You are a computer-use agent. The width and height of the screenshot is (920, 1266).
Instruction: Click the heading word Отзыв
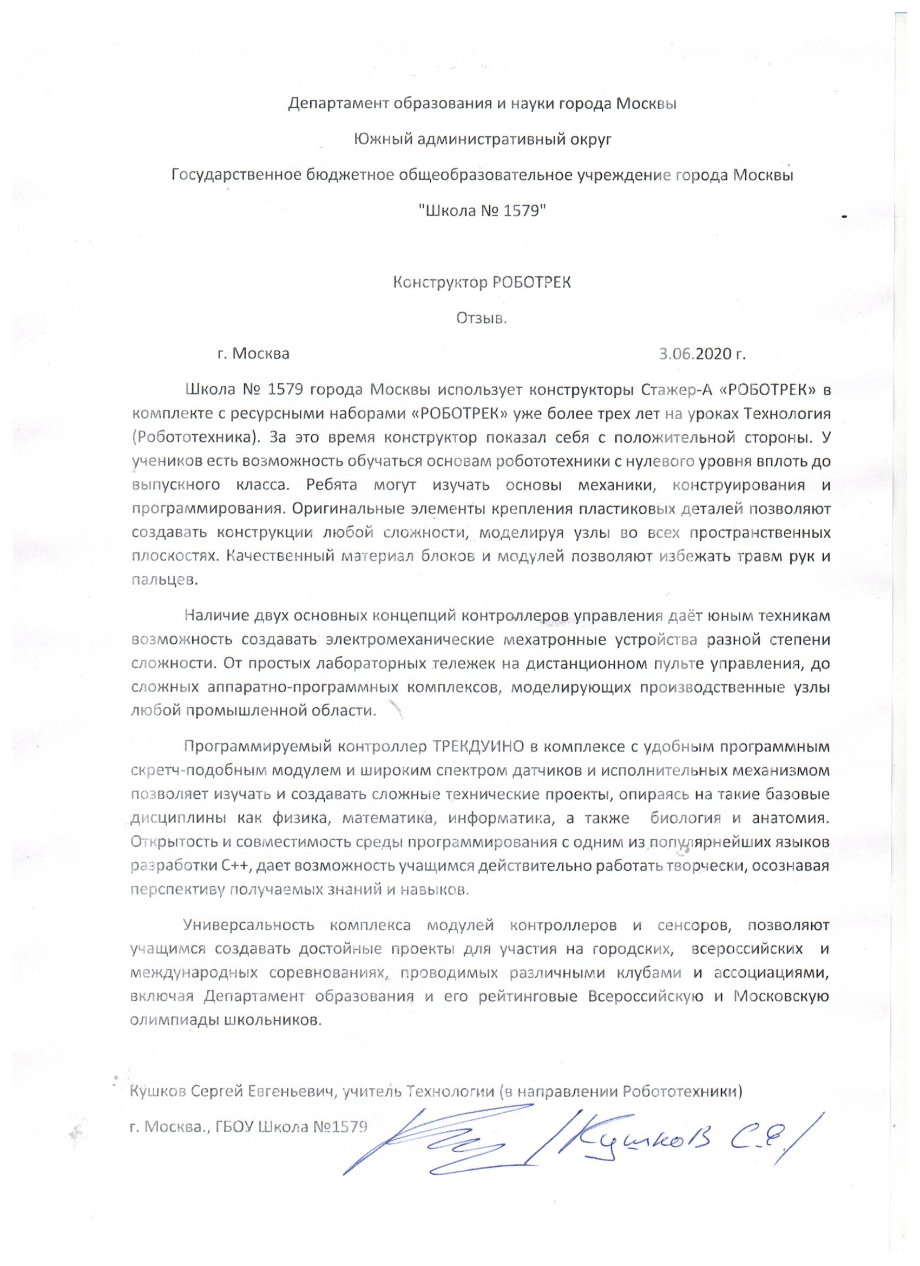(482, 318)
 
